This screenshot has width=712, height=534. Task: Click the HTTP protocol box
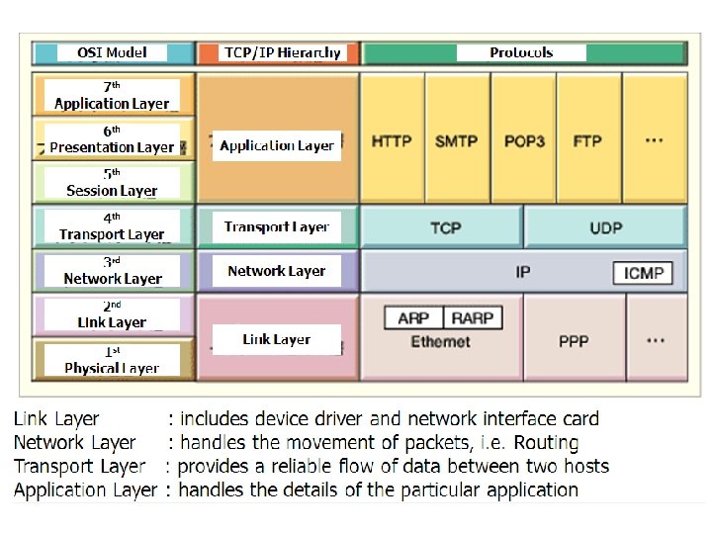[x=392, y=140]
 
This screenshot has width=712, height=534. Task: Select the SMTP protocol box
[x=457, y=140]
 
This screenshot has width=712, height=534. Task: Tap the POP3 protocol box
[x=524, y=140]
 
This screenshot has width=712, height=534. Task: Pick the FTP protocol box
[x=587, y=140]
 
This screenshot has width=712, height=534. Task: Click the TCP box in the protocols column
[x=445, y=227]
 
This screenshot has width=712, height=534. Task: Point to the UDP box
[x=605, y=227]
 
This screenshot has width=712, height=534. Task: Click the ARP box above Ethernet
[x=413, y=317]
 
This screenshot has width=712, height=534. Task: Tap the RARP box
[x=472, y=317]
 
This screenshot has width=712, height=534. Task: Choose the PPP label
[x=574, y=340]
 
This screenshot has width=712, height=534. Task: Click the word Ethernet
[x=440, y=341]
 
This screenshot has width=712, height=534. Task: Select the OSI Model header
[x=112, y=52]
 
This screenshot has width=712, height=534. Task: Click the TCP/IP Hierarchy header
[x=282, y=52]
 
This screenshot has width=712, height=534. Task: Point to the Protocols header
[x=521, y=52]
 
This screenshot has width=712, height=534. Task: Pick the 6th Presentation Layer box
[x=112, y=139]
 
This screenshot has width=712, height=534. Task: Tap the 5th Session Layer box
[x=112, y=182]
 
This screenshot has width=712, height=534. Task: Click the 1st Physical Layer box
[x=112, y=360]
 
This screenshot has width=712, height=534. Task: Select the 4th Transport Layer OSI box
[x=112, y=226]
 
